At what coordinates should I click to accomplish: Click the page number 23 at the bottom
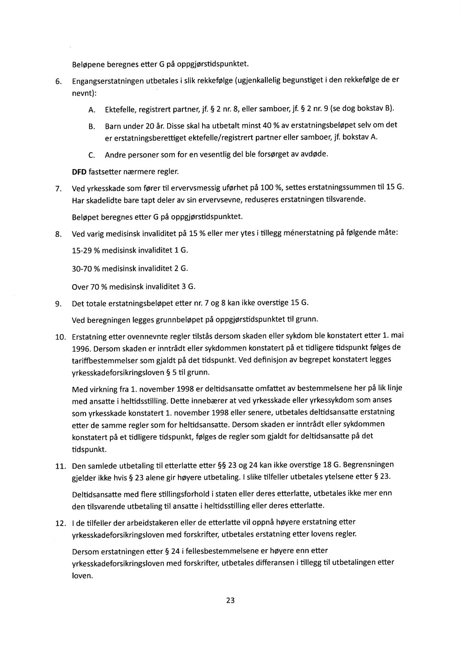click(230, 600)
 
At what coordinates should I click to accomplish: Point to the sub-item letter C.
click(91, 155)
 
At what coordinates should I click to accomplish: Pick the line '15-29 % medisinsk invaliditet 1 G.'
click(130, 251)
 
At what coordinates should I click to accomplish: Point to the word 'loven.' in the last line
click(83, 576)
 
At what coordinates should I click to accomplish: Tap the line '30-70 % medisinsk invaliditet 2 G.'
click(130, 268)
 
